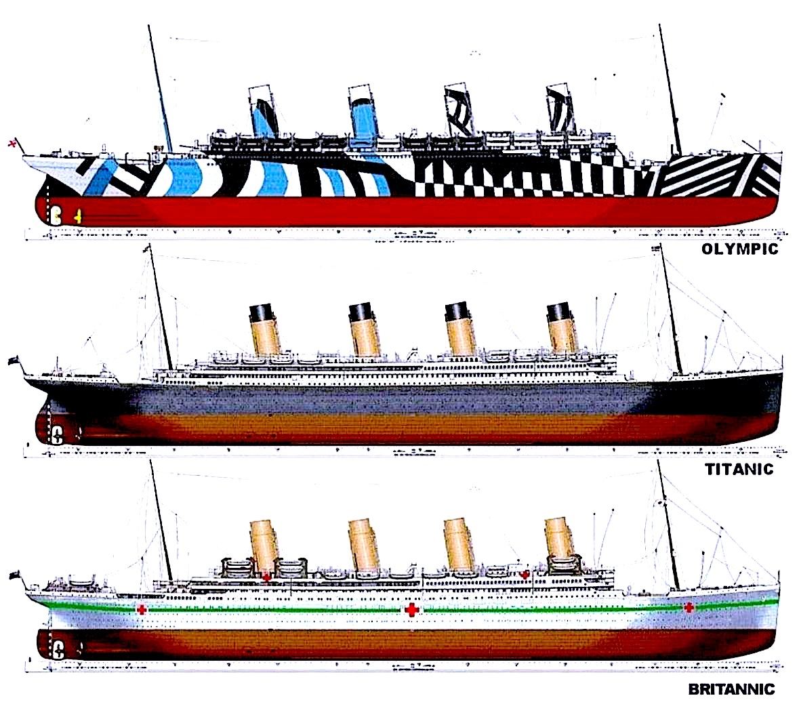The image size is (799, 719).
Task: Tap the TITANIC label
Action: pyautogui.click(x=739, y=468)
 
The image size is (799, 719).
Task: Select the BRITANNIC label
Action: pyautogui.click(x=731, y=690)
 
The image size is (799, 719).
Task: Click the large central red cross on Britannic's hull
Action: pyautogui.click(x=411, y=611)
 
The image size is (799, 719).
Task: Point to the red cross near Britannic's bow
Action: pyautogui.click(x=689, y=607)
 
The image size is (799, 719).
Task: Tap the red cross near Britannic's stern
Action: pyautogui.click(x=141, y=610)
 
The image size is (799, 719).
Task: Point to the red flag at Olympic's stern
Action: pyautogui.click(x=11, y=143)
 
